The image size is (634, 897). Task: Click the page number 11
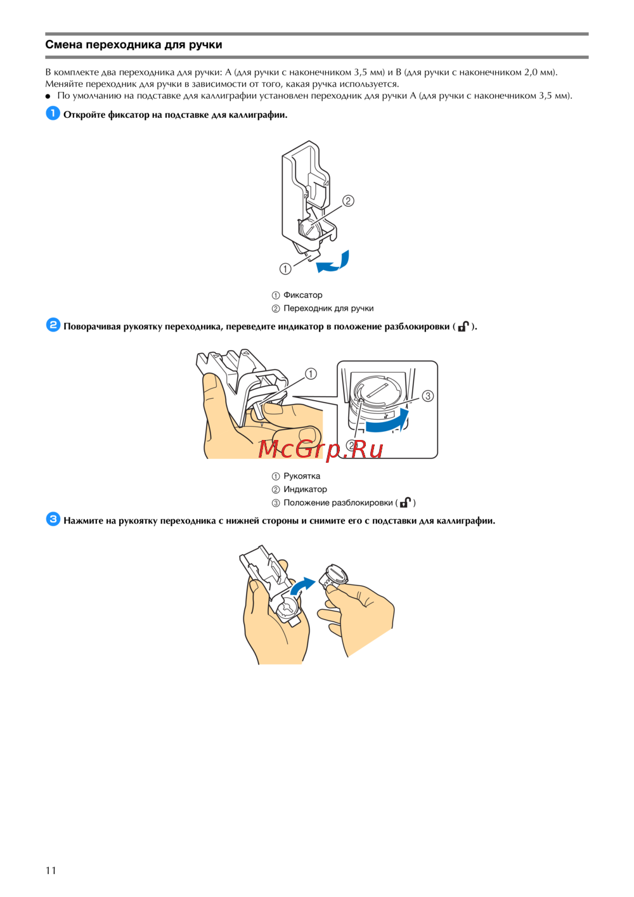(x=51, y=870)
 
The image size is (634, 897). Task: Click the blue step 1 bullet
(x=53, y=113)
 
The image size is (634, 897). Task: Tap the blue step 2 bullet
(x=53, y=325)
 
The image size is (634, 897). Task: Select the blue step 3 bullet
(x=53, y=519)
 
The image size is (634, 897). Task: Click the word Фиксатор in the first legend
(x=303, y=295)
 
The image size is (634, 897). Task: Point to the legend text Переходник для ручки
(x=328, y=308)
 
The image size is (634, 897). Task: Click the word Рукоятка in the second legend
(x=302, y=476)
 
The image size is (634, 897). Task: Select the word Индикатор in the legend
(x=305, y=489)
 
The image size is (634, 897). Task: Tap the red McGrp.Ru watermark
(x=320, y=449)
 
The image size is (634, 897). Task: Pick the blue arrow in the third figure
(x=302, y=586)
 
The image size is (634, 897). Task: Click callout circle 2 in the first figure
(x=348, y=200)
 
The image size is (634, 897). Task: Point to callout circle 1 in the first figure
(x=285, y=269)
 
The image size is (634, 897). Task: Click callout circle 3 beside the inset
(x=428, y=396)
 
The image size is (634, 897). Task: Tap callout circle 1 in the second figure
(x=311, y=374)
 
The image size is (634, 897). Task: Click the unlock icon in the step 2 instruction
(x=463, y=326)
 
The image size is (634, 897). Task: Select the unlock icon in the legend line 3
(x=406, y=502)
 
